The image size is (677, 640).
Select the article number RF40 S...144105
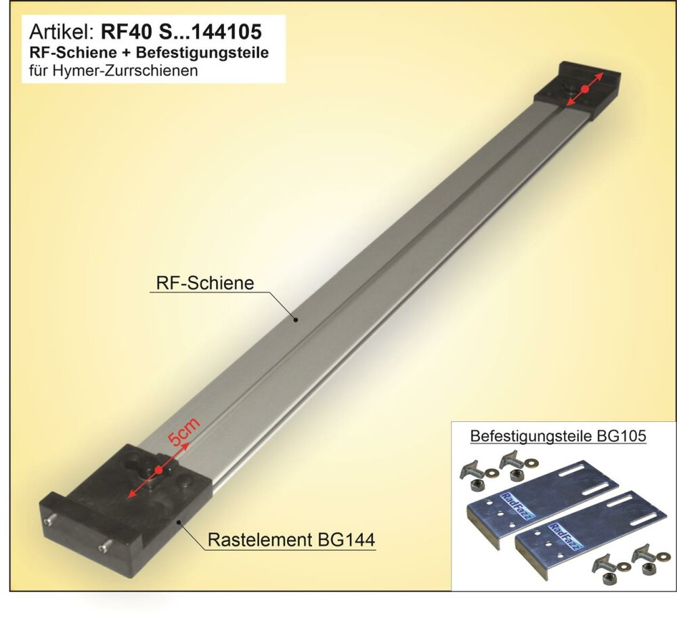click(181, 32)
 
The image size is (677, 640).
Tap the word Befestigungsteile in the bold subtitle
click(202, 53)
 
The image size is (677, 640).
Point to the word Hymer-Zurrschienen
click(125, 70)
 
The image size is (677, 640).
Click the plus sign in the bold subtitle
click(126, 53)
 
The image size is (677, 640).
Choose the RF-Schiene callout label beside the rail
click(204, 283)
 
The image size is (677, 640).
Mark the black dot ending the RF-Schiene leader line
click(297, 320)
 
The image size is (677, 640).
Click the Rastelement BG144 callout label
click(291, 540)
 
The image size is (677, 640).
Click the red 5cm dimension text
click(184, 432)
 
